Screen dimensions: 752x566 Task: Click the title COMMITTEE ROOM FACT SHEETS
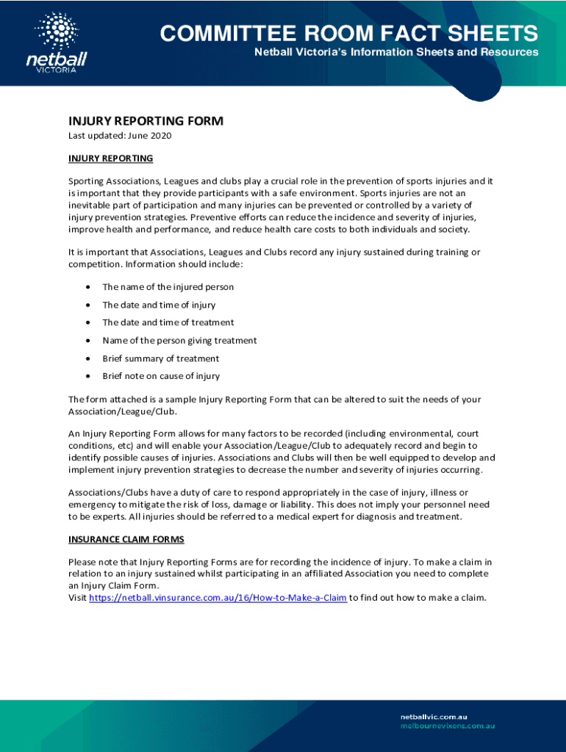pos(349,34)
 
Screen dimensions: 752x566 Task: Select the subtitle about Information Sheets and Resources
pos(396,53)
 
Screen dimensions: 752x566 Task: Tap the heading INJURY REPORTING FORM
pos(146,121)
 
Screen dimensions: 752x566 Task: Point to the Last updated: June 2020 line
pos(120,136)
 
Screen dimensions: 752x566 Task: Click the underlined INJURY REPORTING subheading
pos(110,158)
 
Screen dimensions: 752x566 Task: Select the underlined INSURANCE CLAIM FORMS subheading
pos(126,539)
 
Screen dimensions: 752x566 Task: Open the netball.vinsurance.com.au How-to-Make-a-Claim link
pos(218,598)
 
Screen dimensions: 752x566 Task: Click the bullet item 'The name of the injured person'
pos(168,287)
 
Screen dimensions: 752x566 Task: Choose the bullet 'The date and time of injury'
pos(159,305)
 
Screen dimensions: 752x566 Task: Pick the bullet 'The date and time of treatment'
pos(168,322)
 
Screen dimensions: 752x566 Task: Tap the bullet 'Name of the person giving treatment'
pos(179,341)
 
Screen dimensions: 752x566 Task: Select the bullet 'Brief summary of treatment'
pos(160,358)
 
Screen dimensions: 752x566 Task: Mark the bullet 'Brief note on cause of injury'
pos(161,376)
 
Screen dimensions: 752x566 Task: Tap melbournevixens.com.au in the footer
pos(447,726)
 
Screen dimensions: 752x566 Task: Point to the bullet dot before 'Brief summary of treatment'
pos(87,358)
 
